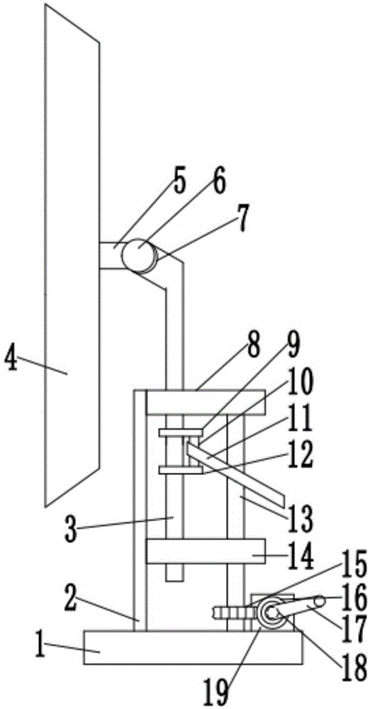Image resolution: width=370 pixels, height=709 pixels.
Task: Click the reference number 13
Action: click(300, 518)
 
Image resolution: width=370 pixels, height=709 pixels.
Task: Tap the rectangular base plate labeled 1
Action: click(193, 647)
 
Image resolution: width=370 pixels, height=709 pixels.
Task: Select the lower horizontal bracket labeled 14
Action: click(206, 551)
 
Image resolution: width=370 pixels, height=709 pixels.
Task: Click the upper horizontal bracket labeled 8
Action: click(206, 402)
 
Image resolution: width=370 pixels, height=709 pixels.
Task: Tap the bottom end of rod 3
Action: click(175, 581)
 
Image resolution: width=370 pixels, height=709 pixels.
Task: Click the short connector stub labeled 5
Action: click(111, 255)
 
